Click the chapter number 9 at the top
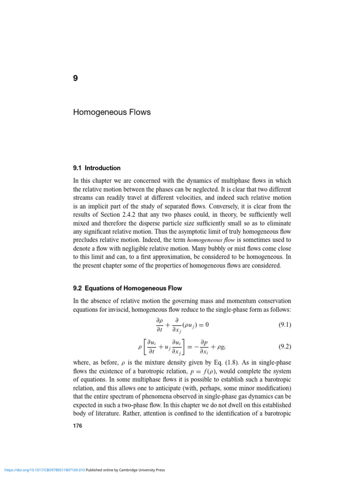click(75, 78)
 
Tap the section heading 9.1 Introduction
click(97, 168)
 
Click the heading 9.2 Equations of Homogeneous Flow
click(127, 288)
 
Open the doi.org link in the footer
click(45, 470)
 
